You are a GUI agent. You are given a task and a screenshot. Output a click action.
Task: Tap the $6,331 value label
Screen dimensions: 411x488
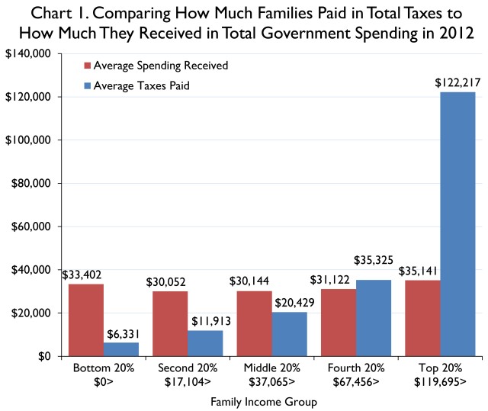pos(122,332)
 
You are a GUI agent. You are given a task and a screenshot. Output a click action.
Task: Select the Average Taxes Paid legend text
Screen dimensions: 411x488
pos(131,85)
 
